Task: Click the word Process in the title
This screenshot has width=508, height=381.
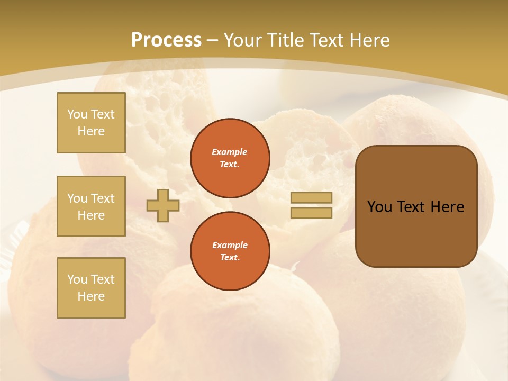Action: [x=166, y=40]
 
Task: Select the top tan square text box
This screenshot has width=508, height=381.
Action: [x=91, y=123]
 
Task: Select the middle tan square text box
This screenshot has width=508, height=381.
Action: [x=91, y=206]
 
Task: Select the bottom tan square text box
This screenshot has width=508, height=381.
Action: [x=91, y=288]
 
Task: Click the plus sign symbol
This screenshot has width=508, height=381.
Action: [x=162, y=205]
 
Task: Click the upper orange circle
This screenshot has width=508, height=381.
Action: [x=230, y=158]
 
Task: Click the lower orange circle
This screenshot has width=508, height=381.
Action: [x=230, y=251]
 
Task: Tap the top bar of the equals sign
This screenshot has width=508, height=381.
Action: [x=311, y=197]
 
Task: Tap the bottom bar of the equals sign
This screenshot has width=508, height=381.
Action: [x=311, y=213]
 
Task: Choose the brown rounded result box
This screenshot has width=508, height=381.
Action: [x=416, y=233]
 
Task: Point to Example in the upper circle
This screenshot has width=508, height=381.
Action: [x=230, y=152]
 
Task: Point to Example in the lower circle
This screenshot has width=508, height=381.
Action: [x=230, y=245]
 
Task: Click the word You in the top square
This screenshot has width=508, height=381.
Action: [x=77, y=114]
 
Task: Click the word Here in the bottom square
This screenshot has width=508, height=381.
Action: [x=91, y=296]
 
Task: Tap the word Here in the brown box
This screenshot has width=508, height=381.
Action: [x=447, y=207]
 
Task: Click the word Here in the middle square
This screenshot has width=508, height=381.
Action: [x=91, y=215]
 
